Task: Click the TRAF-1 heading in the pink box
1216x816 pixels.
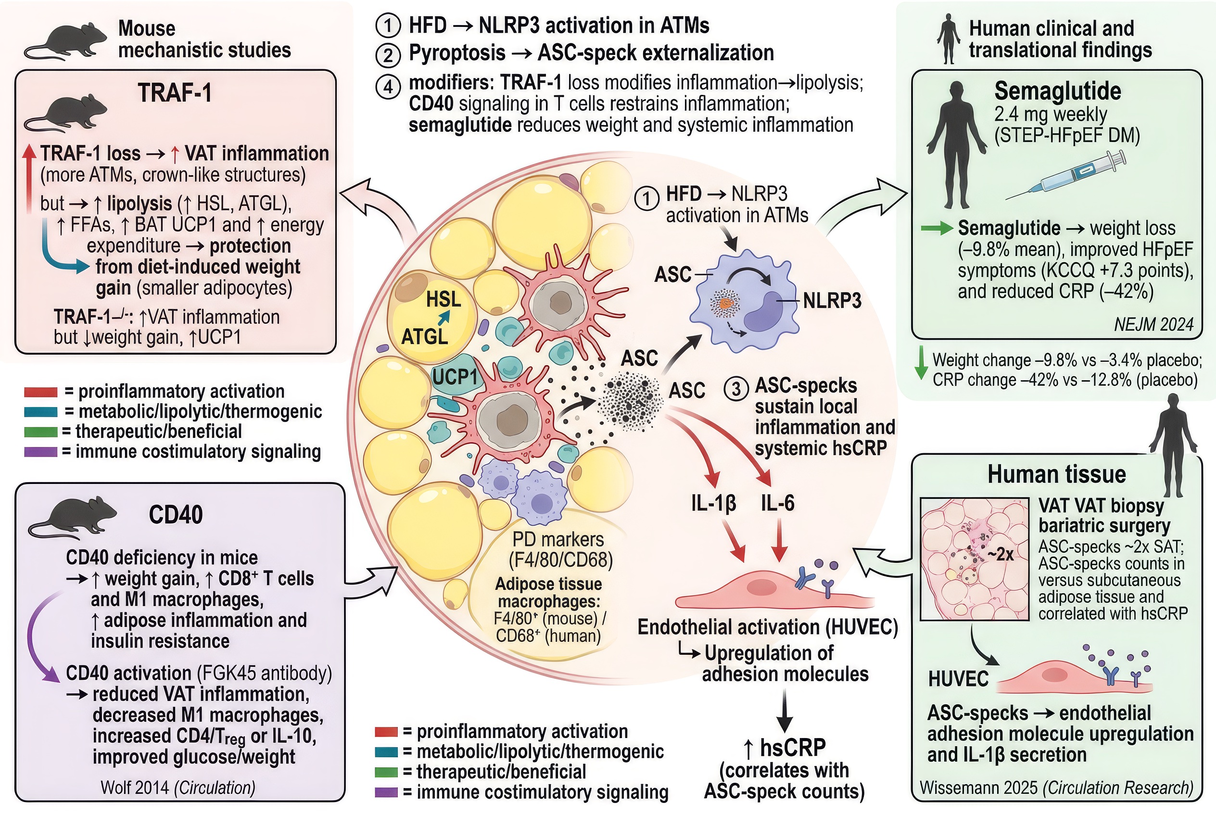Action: [175, 94]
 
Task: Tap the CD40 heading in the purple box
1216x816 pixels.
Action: [176, 515]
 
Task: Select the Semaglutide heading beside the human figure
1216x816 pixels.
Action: [1057, 91]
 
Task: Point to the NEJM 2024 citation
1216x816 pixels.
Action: [1153, 324]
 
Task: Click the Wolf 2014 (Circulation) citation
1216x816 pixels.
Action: [178, 788]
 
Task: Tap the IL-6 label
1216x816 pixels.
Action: [777, 503]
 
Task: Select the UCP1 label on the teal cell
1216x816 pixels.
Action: [455, 377]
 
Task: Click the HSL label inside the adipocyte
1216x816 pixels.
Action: [443, 300]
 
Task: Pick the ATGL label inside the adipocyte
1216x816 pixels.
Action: [424, 337]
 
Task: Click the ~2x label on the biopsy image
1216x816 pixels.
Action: [1000, 554]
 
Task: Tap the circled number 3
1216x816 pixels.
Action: [736, 388]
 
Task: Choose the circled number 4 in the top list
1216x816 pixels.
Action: [388, 87]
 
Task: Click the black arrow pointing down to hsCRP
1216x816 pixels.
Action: [784, 710]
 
